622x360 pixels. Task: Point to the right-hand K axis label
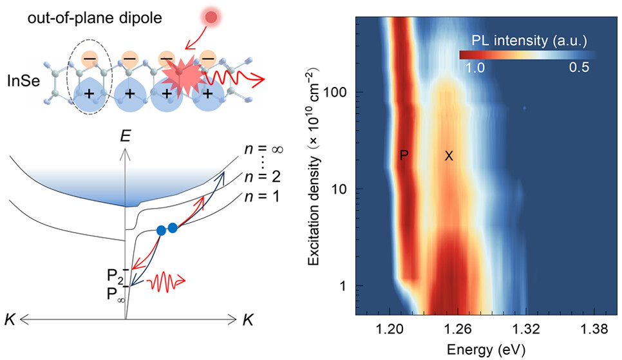(x=249, y=319)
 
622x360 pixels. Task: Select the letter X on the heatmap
(x=449, y=155)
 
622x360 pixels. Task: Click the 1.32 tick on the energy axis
(x=525, y=330)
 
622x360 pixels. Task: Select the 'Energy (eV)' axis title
(x=488, y=350)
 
